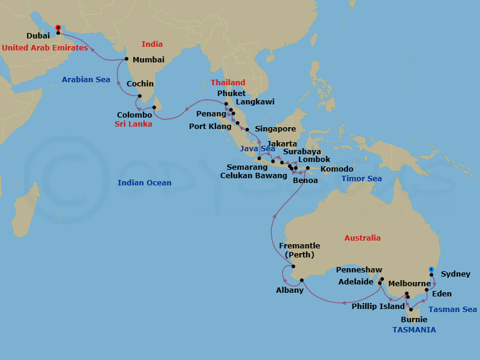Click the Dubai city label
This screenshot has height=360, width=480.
tap(38, 36)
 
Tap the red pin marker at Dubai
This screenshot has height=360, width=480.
tap(58, 28)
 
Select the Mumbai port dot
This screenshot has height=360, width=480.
tap(127, 59)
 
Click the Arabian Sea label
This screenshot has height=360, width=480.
tap(86, 79)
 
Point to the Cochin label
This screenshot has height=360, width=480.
tap(140, 84)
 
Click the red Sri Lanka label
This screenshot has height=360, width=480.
tap(133, 124)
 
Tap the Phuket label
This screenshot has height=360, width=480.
tap(232, 93)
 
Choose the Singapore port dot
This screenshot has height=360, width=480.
tap(247, 129)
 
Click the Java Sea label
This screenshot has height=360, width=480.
tap(257, 149)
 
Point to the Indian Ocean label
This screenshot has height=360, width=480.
tap(145, 183)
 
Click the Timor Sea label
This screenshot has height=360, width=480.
tap(362, 179)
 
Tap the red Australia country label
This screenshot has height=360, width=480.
tap(362, 238)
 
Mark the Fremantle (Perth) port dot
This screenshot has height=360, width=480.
tap(293, 266)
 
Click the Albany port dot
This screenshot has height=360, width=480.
tap(302, 280)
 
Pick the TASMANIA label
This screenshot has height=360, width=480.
tap(414, 330)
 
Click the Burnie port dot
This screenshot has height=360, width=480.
tap(411, 310)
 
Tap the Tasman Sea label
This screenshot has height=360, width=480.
tap(453, 310)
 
